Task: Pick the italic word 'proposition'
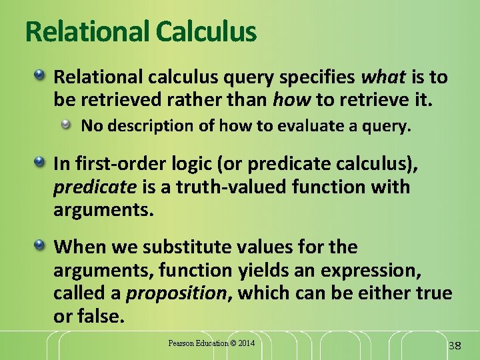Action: tap(177, 293)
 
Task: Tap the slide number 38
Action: tap(455, 345)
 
